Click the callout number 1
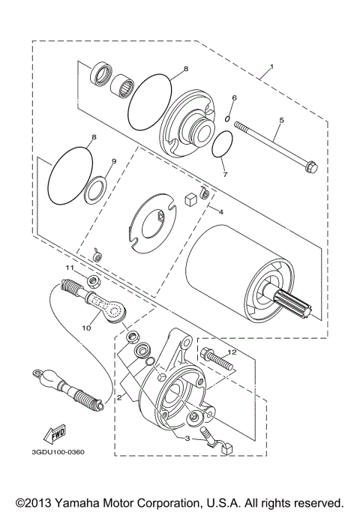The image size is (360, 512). point(271,67)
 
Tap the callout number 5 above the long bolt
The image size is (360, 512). point(281,120)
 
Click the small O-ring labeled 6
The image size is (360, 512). point(226,115)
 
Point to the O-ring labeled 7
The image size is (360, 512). point(221,147)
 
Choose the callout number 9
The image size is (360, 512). point(114,160)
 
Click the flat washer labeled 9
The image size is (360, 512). point(94,190)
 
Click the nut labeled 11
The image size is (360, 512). point(95,281)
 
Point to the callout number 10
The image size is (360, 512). point(85,328)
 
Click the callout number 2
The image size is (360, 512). point(118,398)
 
